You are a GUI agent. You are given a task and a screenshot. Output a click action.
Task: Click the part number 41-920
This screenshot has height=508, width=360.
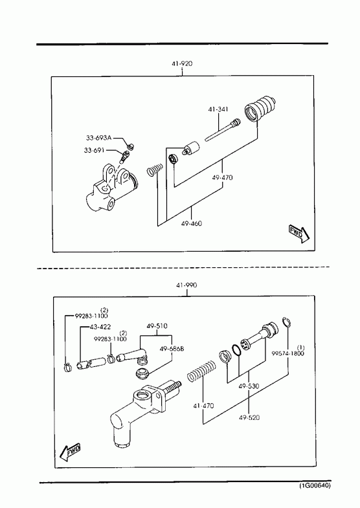click(x=182, y=63)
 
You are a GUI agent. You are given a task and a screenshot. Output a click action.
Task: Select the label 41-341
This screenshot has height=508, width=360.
click(x=218, y=109)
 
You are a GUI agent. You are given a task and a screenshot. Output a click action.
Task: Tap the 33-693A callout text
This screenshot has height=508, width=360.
click(x=99, y=138)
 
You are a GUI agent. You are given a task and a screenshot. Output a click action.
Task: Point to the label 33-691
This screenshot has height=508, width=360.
click(x=95, y=150)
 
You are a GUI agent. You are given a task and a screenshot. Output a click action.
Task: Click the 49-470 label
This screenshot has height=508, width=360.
click(x=223, y=177)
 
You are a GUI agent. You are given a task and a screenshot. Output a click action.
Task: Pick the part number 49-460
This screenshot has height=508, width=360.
click(x=192, y=223)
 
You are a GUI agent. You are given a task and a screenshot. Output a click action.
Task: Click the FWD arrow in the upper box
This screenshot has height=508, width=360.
click(x=299, y=234)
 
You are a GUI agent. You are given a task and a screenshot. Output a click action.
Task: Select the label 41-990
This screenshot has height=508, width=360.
click(x=186, y=285)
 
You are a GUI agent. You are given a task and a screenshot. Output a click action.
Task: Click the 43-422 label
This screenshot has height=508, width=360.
click(x=100, y=327)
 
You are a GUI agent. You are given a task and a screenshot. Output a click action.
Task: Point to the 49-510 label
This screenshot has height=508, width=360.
click(x=157, y=326)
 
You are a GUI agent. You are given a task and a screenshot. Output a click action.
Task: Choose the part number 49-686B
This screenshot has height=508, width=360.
click(x=172, y=349)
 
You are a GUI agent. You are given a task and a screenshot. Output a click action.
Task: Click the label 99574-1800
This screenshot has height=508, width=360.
click(x=287, y=353)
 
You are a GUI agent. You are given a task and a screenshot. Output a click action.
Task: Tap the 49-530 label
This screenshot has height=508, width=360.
click(x=249, y=386)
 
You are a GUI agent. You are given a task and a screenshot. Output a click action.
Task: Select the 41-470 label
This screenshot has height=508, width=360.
click(x=203, y=406)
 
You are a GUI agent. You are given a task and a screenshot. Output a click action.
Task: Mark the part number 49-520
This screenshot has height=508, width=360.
click(x=249, y=417)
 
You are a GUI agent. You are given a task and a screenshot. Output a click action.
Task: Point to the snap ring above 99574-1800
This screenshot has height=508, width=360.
click(x=286, y=323)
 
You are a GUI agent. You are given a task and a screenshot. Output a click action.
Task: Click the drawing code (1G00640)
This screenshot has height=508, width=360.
click(x=315, y=485)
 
